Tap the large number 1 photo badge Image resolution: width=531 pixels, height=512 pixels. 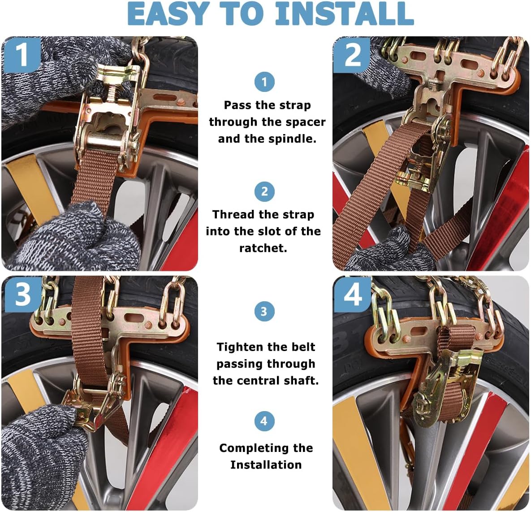[22, 54]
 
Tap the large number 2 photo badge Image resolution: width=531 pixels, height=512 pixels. [352, 55]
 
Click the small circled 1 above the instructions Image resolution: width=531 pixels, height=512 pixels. [264, 82]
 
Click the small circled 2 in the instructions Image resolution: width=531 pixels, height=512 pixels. [264, 192]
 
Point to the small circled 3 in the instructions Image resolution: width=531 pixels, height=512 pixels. [264, 312]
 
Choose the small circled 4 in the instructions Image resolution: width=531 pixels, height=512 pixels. [264, 421]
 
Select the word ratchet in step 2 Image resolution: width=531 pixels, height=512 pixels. [263, 248]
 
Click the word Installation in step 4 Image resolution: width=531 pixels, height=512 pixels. [266, 465]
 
